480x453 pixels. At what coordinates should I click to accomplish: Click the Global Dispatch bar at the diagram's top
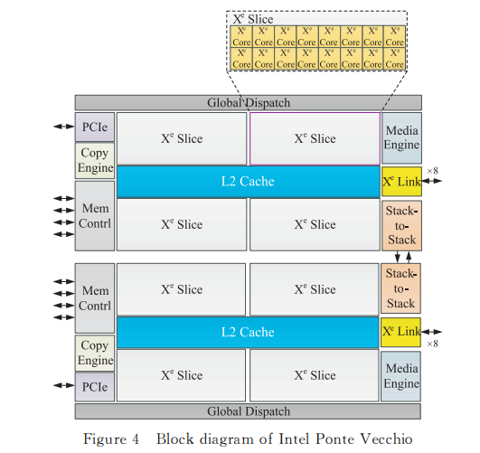(x=248, y=103)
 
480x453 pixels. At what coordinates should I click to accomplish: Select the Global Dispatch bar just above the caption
(x=248, y=411)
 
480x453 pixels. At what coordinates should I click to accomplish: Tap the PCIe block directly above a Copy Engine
(x=94, y=127)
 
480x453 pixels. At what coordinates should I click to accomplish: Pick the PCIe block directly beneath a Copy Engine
(x=94, y=386)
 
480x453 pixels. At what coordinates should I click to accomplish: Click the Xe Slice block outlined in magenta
(x=315, y=138)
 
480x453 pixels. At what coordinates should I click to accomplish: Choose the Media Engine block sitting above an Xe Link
(x=401, y=138)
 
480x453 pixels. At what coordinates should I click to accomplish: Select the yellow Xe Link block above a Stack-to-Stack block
(x=401, y=182)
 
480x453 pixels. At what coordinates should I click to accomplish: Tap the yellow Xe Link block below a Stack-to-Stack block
(x=401, y=332)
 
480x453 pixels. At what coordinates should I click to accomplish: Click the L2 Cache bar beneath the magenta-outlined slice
(x=248, y=182)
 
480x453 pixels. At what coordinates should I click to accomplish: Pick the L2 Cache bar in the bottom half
(x=248, y=332)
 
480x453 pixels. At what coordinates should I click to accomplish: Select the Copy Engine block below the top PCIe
(x=94, y=160)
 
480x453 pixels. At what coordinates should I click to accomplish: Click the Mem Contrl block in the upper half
(x=94, y=216)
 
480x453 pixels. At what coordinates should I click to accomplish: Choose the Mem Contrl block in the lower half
(x=94, y=298)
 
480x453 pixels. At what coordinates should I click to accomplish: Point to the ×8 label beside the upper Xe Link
(x=432, y=171)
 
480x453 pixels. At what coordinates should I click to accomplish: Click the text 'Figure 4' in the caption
(x=111, y=439)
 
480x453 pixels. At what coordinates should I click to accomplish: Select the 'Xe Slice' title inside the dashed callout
(x=254, y=19)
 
